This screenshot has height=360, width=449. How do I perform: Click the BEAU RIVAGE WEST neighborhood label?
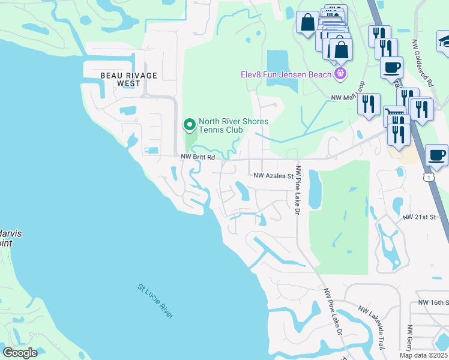tap(128, 79)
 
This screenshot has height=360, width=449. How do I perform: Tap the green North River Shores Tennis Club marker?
tap(190, 125)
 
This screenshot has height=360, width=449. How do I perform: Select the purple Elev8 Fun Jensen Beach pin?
tap(341, 74)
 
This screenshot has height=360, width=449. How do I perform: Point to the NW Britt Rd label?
tap(198, 157)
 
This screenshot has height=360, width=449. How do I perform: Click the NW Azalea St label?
tap(273, 176)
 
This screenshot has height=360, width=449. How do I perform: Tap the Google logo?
tap(20, 352)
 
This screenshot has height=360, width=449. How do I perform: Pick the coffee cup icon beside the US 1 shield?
tap(436, 155)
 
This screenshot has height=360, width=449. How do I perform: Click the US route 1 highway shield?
tap(427, 177)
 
